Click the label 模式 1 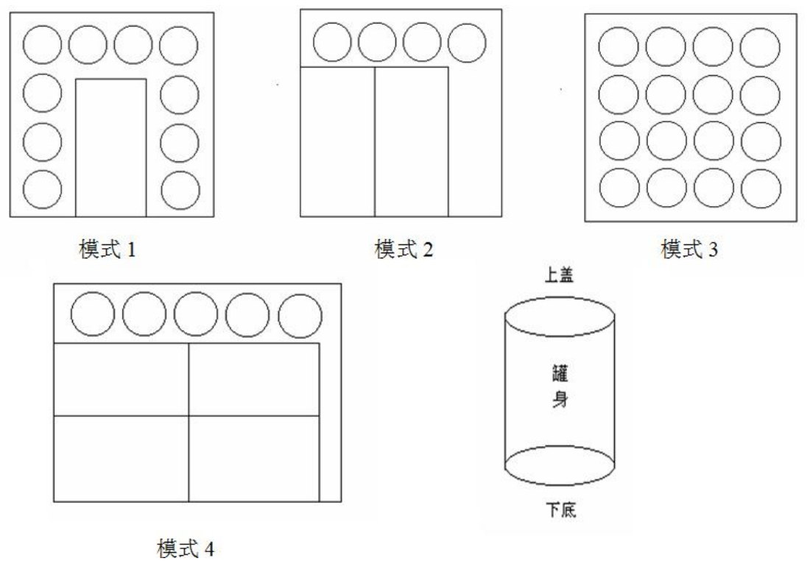tap(108, 250)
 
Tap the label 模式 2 tap(404, 250)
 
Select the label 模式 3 tap(690, 250)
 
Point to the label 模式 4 tap(186, 548)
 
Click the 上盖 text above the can tap(560, 275)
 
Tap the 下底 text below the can tap(561, 510)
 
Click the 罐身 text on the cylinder tap(560, 386)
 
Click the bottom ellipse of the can tap(560, 485)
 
